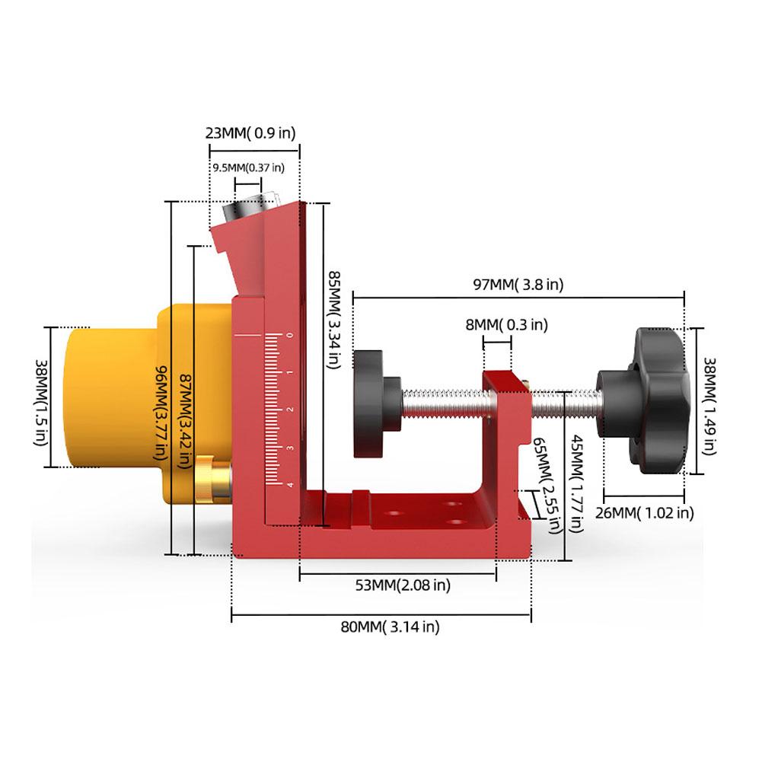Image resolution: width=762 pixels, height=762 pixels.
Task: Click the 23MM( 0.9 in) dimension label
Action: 250,133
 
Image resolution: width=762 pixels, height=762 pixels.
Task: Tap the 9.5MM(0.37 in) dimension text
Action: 248,167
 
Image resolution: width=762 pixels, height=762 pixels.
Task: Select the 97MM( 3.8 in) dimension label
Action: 518,285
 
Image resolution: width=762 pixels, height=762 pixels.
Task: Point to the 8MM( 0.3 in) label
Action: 506,324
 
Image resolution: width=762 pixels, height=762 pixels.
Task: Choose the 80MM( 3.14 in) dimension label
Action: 390,627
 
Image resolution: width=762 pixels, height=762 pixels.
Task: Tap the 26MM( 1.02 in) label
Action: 644,512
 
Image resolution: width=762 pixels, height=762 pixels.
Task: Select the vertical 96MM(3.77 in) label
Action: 161,411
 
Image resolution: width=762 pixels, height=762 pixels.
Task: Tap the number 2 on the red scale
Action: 289,410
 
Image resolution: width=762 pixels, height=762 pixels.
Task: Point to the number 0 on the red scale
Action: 289,336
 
